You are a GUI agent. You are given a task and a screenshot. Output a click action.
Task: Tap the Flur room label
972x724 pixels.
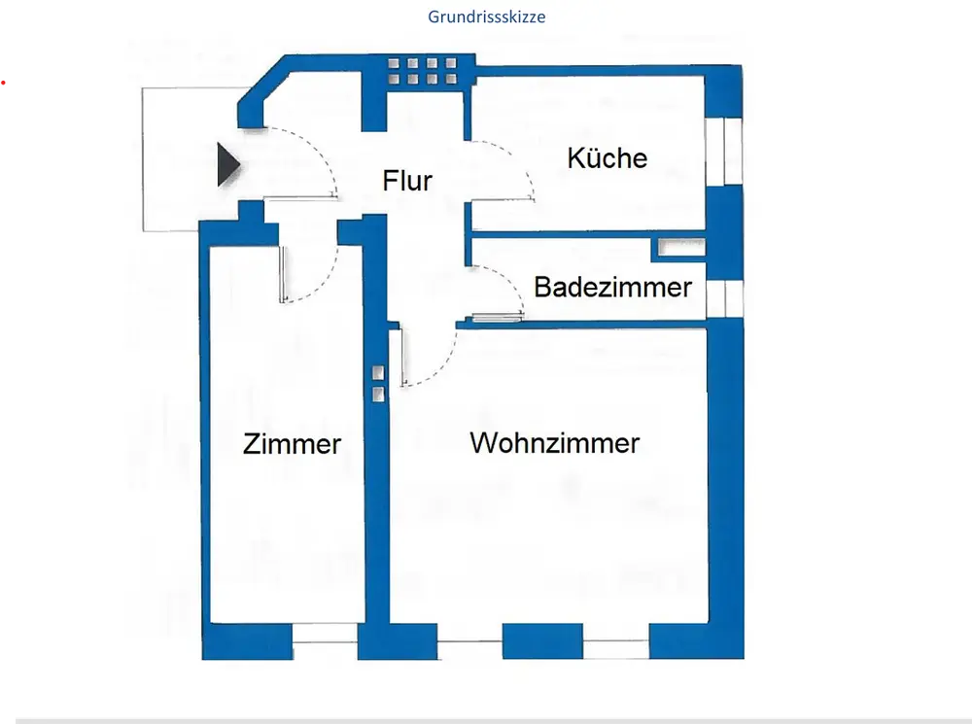pos(407,180)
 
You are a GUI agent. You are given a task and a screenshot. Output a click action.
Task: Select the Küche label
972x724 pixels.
pos(607,157)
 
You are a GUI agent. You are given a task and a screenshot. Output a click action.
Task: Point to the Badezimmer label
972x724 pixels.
pos(612,287)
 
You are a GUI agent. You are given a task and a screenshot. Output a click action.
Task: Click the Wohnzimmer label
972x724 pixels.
pos(554,443)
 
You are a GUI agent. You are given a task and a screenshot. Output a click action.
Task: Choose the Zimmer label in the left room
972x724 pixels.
pos(292,444)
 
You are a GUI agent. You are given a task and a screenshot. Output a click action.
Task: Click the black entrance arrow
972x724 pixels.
pos(227,164)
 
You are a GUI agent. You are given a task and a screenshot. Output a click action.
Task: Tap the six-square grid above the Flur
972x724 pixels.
pos(422,72)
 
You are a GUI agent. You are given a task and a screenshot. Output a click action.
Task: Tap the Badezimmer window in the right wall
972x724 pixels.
pos(717,298)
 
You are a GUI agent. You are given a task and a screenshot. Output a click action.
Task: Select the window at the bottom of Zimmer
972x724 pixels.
pos(325,633)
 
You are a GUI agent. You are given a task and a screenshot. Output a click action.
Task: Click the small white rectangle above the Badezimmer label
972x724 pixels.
pos(672,248)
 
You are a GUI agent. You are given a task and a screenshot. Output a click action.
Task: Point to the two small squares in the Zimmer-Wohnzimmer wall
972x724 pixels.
pos(378,381)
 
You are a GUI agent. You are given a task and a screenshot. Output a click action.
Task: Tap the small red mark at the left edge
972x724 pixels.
pos(3,86)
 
